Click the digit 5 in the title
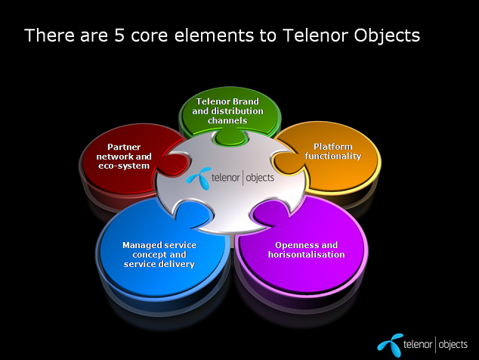pyautogui.click(x=119, y=36)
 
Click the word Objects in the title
pyautogui.click(x=387, y=36)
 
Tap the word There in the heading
pyautogui.click(x=50, y=36)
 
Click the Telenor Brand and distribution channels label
pyautogui.click(x=227, y=110)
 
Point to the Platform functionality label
pyautogui.click(x=333, y=151)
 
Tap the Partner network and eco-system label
pyautogui.click(x=124, y=157)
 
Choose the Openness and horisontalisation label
pyautogui.click(x=307, y=250)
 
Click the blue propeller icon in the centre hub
pyautogui.click(x=199, y=178)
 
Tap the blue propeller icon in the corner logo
pyautogui.click(x=390, y=346)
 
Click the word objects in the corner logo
pyautogui.click(x=453, y=345)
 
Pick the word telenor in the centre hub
pyautogui.click(x=225, y=178)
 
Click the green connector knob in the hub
pyautogui.click(x=230, y=138)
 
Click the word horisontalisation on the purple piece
pyautogui.click(x=307, y=254)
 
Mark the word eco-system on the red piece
pyautogui.click(x=124, y=166)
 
